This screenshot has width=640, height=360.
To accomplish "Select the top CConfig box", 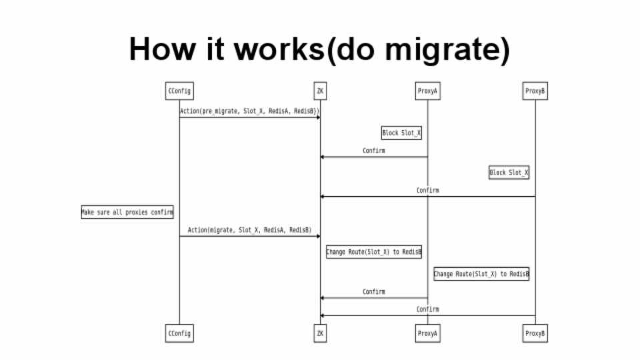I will coord(179,91).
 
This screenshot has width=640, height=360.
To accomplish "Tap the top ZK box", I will coord(320,91).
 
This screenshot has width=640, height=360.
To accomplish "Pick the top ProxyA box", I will coord(427,91).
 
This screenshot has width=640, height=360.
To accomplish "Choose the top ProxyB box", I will coord(535,91).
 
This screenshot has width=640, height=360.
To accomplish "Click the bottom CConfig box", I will coord(179,333).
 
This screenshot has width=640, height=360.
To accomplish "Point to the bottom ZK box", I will coord(320,333).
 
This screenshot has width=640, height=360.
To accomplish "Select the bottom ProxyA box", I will coord(427,333).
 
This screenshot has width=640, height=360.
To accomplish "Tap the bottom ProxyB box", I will coord(535,333).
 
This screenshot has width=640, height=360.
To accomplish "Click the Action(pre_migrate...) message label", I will coord(249,111).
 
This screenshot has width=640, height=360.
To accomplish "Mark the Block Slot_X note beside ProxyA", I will coord(401,133).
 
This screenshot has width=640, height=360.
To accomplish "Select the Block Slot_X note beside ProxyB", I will coord(509,173).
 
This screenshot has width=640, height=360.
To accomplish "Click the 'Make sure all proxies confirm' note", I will coord(127,212).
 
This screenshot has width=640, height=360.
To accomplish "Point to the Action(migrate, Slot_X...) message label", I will coord(249,230).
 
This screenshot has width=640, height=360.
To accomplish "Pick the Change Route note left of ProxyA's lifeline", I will coord(373,252).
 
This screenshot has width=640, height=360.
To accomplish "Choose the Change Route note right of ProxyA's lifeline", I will coord(481,274).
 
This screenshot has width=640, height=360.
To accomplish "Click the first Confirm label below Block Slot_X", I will coord(373,151).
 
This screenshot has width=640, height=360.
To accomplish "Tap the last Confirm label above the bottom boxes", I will coord(427,309).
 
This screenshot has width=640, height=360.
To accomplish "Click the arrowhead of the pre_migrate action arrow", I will coord(318,117).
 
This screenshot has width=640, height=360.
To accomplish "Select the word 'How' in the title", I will coord(156,50).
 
